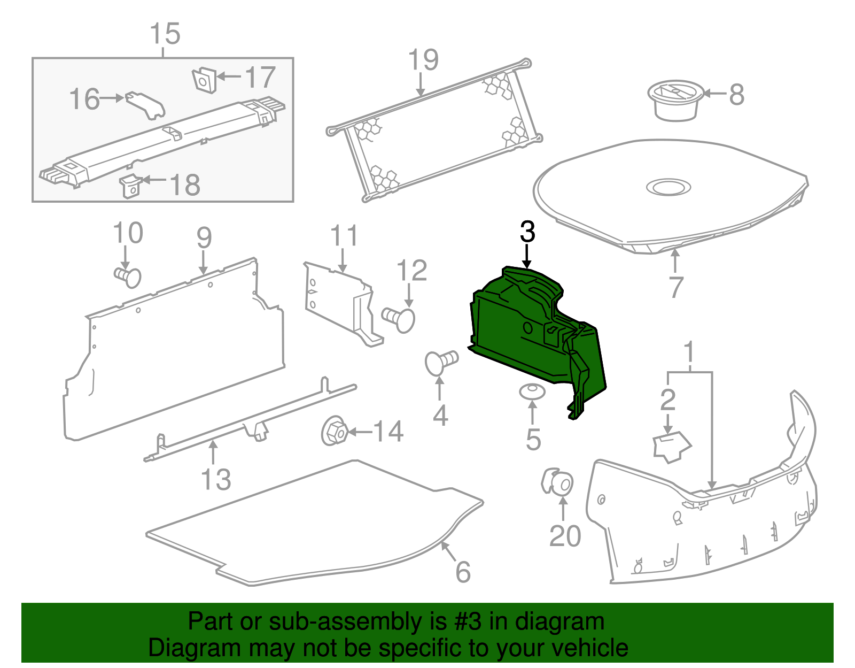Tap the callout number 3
pos(527,233)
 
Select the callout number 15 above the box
pos(165,34)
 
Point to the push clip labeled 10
pos(128,277)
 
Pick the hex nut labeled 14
pos(335,432)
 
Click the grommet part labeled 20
pos(557,482)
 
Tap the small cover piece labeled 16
pos(146,105)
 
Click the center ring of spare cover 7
pos(668,187)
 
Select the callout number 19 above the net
pos(423,60)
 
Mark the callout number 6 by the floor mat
pos(463,572)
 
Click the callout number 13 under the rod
pos(216,479)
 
